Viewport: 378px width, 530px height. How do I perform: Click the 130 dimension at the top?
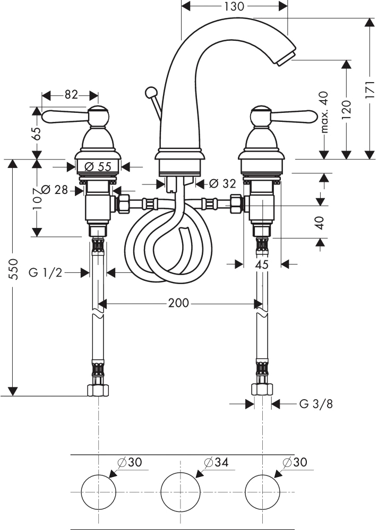point(234,6)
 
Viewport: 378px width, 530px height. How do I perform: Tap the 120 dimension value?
point(346,109)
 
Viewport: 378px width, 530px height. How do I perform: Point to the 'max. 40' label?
point(324,112)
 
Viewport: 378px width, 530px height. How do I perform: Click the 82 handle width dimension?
point(71,95)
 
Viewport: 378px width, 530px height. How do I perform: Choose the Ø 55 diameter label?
point(98,166)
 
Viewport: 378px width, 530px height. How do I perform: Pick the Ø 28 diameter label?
point(55,190)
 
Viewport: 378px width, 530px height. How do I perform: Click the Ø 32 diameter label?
point(222,183)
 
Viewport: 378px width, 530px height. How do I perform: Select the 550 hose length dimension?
point(13,269)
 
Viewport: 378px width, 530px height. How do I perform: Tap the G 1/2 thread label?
point(45,272)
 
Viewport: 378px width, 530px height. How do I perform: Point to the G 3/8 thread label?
point(316,403)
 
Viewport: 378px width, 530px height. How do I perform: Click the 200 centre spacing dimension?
point(178,303)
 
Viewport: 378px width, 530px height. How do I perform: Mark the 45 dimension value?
point(262,264)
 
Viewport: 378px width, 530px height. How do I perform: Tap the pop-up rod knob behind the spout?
point(150,92)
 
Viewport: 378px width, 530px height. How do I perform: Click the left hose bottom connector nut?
point(99,390)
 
